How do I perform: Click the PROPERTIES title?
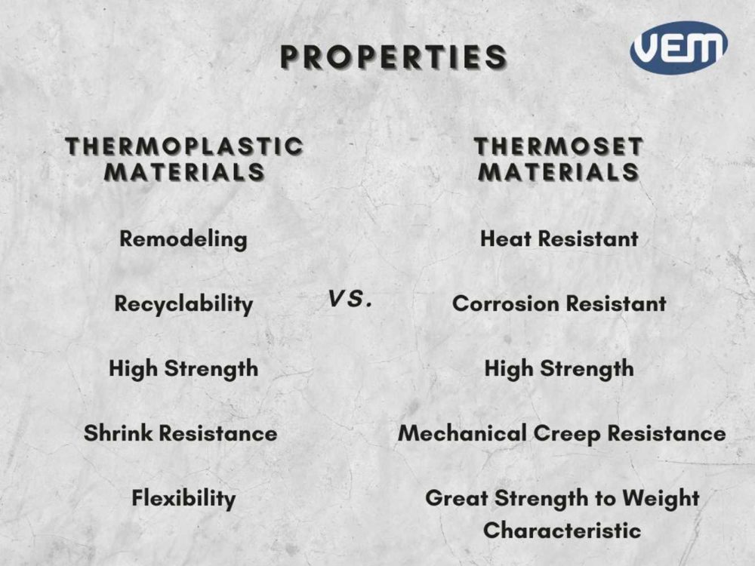(x=393, y=58)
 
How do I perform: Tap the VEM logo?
(x=679, y=47)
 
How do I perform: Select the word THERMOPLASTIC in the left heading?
(x=184, y=146)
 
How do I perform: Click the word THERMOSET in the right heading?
(x=559, y=146)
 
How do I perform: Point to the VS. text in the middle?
(x=351, y=300)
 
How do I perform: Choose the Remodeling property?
(x=183, y=239)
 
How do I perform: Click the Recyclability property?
(x=183, y=304)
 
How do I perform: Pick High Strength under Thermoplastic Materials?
(x=183, y=369)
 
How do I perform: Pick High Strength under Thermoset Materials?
(x=559, y=369)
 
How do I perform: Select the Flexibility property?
(x=183, y=499)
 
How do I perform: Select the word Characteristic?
(x=562, y=531)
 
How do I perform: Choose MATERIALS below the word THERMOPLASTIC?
(x=184, y=171)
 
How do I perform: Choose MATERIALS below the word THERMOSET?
(x=559, y=171)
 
